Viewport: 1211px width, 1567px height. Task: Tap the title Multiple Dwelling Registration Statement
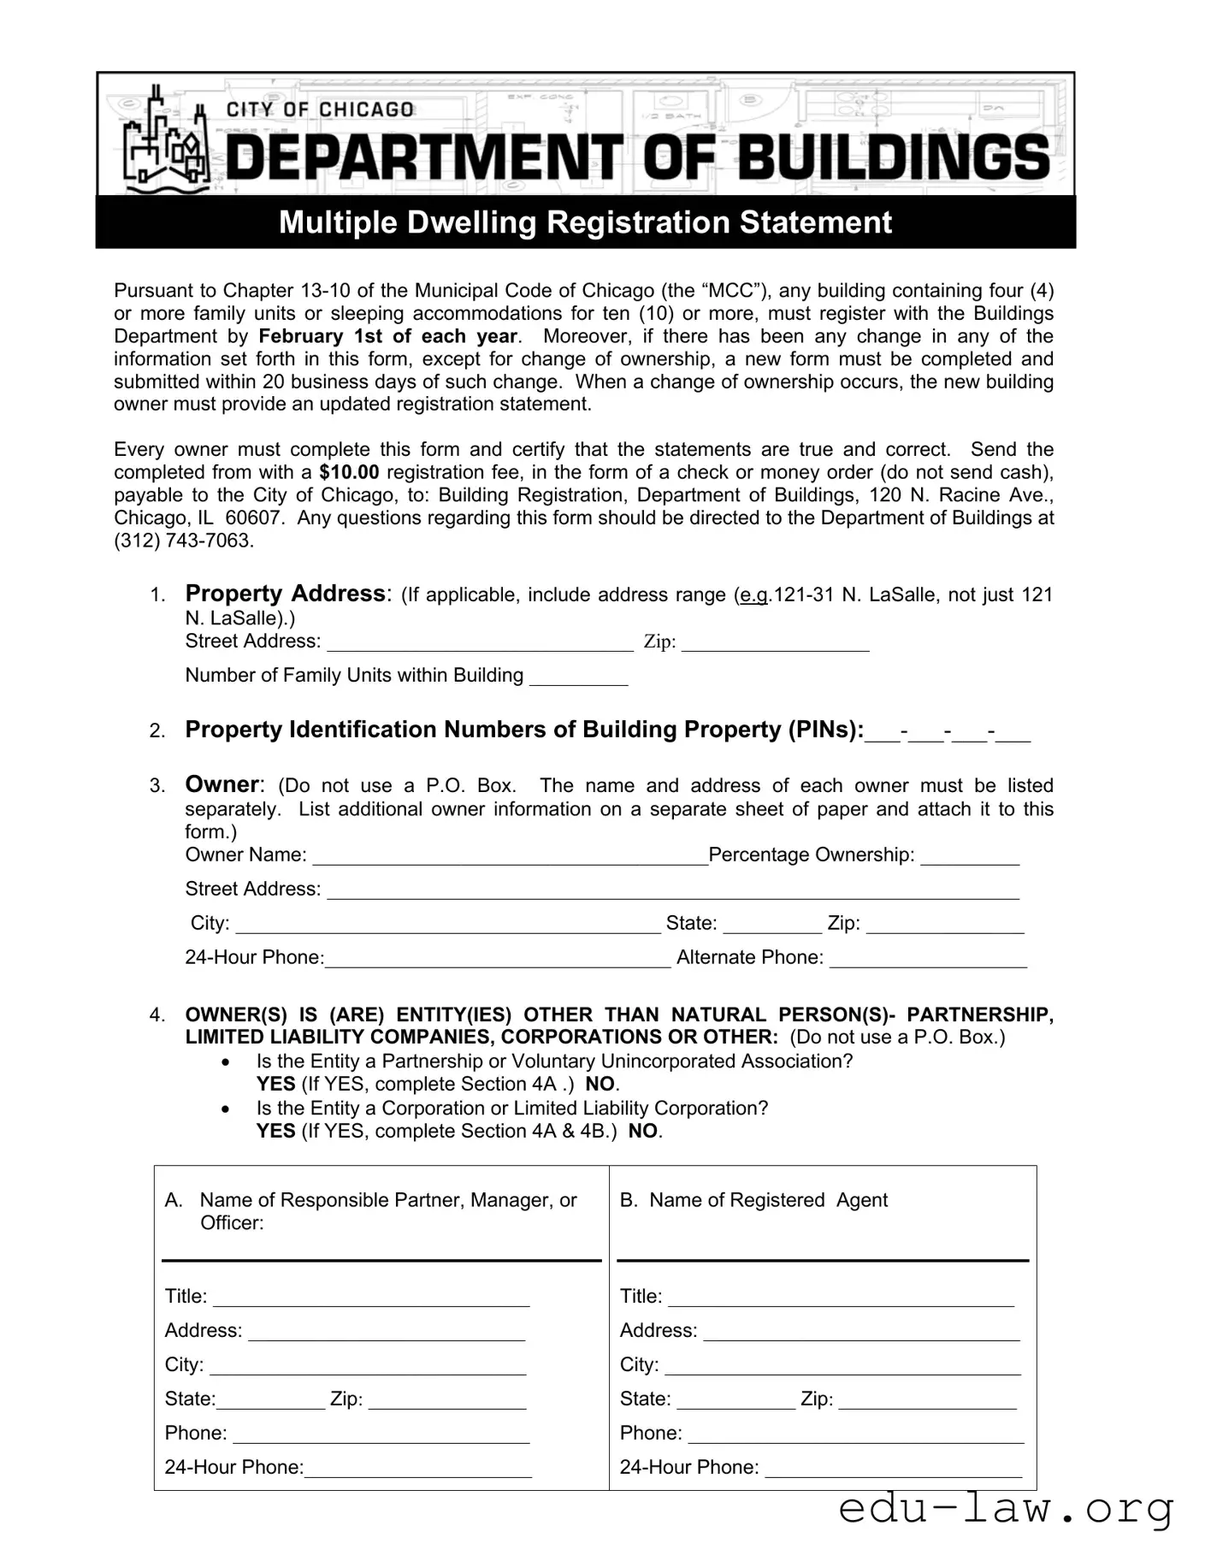click(585, 222)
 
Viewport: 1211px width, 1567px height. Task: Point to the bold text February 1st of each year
click(388, 336)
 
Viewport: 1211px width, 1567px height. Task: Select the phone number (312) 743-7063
click(184, 541)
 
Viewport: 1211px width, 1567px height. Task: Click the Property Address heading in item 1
click(285, 594)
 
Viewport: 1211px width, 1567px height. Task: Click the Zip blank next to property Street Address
click(775, 643)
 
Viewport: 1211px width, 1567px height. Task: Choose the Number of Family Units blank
click(579, 677)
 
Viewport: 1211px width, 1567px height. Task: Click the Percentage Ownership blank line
click(970, 857)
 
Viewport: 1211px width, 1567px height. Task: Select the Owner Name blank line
click(510, 857)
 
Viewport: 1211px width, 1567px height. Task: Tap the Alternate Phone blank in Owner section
click(928, 959)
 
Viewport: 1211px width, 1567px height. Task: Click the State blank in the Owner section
click(772, 925)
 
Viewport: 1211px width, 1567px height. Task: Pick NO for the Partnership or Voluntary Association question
click(600, 1085)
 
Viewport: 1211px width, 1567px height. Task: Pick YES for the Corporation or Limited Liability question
click(275, 1132)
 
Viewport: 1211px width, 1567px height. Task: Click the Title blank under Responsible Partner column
click(371, 1298)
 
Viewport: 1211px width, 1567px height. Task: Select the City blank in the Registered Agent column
click(842, 1367)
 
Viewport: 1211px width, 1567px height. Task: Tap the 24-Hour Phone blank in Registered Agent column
click(894, 1469)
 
